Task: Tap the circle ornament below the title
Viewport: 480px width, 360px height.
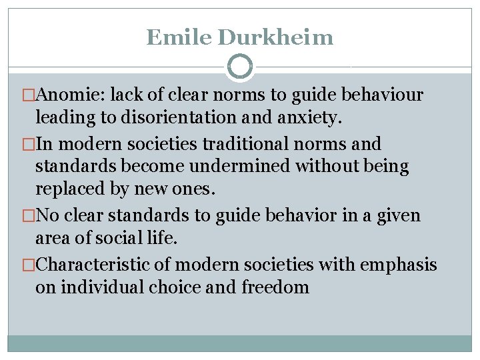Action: [x=240, y=67]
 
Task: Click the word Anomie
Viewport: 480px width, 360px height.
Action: [x=71, y=95]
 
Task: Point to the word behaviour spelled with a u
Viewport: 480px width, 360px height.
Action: [x=385, y=95]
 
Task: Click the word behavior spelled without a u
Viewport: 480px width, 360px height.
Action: [x=307, y=215]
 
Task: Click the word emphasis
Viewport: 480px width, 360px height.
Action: [x=398, y=264]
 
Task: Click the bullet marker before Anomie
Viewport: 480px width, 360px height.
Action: [x=28, y=95]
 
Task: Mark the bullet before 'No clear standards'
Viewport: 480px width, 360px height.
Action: [x=28, y=215]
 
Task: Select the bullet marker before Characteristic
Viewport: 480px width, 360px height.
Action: [x=28, y=264]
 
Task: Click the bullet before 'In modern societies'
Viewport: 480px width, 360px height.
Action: [x=28, y=143]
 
